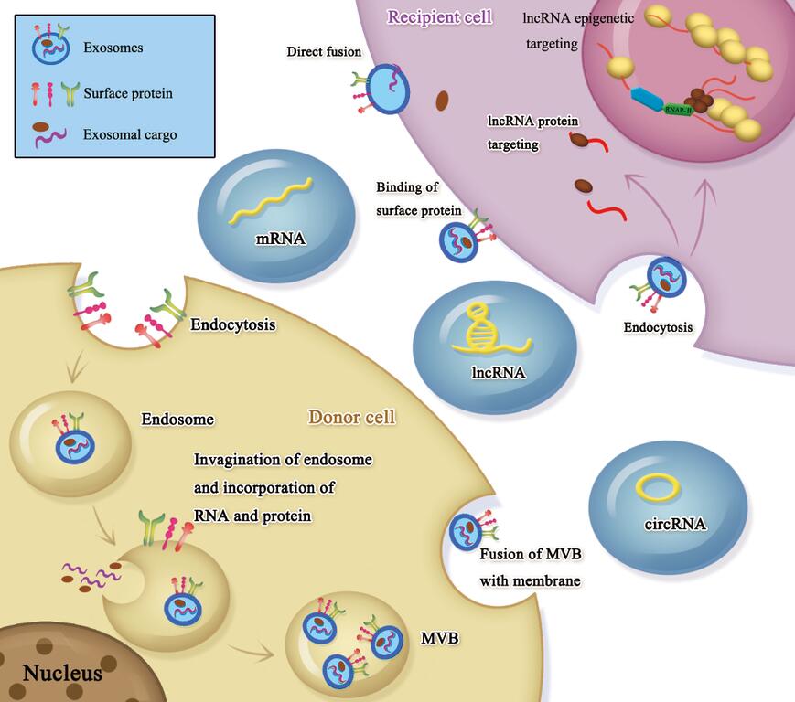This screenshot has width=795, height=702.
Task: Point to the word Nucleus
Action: [62, 675]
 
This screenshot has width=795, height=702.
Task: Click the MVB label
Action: [439, 636]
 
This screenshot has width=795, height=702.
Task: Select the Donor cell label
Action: [351, 418]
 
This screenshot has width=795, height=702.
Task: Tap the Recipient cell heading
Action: [439, 16]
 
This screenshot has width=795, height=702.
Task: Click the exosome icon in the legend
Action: [49, 46]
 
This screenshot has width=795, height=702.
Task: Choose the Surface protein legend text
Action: [127, 93]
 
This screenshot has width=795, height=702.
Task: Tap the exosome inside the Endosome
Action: [75, 446]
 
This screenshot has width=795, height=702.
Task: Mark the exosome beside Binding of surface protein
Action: [460, 241]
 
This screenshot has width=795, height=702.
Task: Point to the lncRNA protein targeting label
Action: [533, 132]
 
